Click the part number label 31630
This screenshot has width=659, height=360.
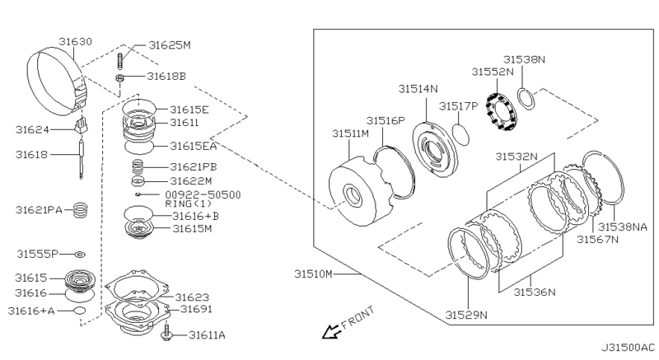(x=76, y=40)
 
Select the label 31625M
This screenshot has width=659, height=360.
(x=168, y=44)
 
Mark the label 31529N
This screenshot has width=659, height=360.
(x=466, y=314)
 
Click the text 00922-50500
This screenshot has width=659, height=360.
(x=203, y=194)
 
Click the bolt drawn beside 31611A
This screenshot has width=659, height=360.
(x=169, y=334)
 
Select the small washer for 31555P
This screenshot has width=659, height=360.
(x=80, y=254)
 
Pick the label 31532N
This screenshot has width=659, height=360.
(x=516, y=156)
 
